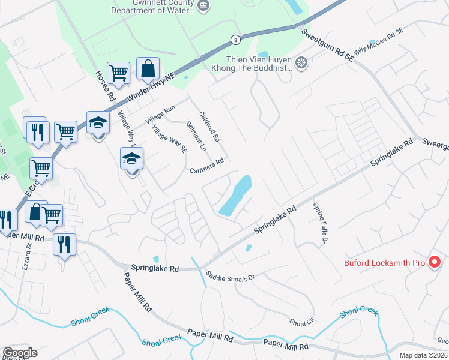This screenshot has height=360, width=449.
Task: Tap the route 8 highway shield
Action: coord(235,39)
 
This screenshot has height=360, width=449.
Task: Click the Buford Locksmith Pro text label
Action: coord(385,263)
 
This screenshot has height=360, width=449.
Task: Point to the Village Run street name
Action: coord(158,116)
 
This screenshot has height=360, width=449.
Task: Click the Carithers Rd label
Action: coord(207,166)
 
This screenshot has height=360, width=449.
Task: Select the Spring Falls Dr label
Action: coord(319,222)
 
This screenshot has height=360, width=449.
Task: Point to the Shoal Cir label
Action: coord(303,322)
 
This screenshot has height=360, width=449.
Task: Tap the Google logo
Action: coord(20,353)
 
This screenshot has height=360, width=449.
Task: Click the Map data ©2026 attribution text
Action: coord(423,355)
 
